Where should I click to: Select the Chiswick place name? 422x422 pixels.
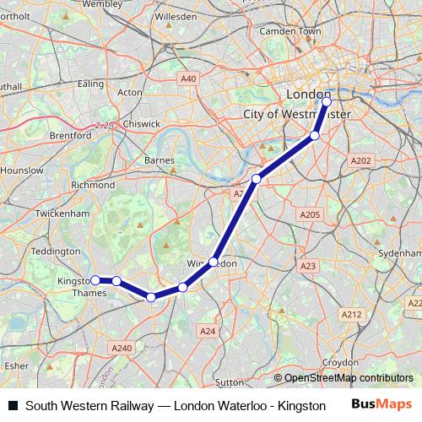[141, 123]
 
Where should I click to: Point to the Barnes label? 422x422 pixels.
[160, 160]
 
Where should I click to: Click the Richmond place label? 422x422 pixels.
[93, 185]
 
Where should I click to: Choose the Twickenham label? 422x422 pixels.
[62, 214]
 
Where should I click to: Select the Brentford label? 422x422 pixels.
[71, 135]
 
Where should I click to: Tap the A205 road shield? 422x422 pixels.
[310, 215]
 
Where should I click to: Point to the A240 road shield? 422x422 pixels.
[122, 347]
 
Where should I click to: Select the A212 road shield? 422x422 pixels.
[351, 314]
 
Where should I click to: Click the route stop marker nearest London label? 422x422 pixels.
[327, 101]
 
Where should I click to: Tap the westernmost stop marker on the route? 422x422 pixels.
[95, 280]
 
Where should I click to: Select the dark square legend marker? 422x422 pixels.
[13, 406]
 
